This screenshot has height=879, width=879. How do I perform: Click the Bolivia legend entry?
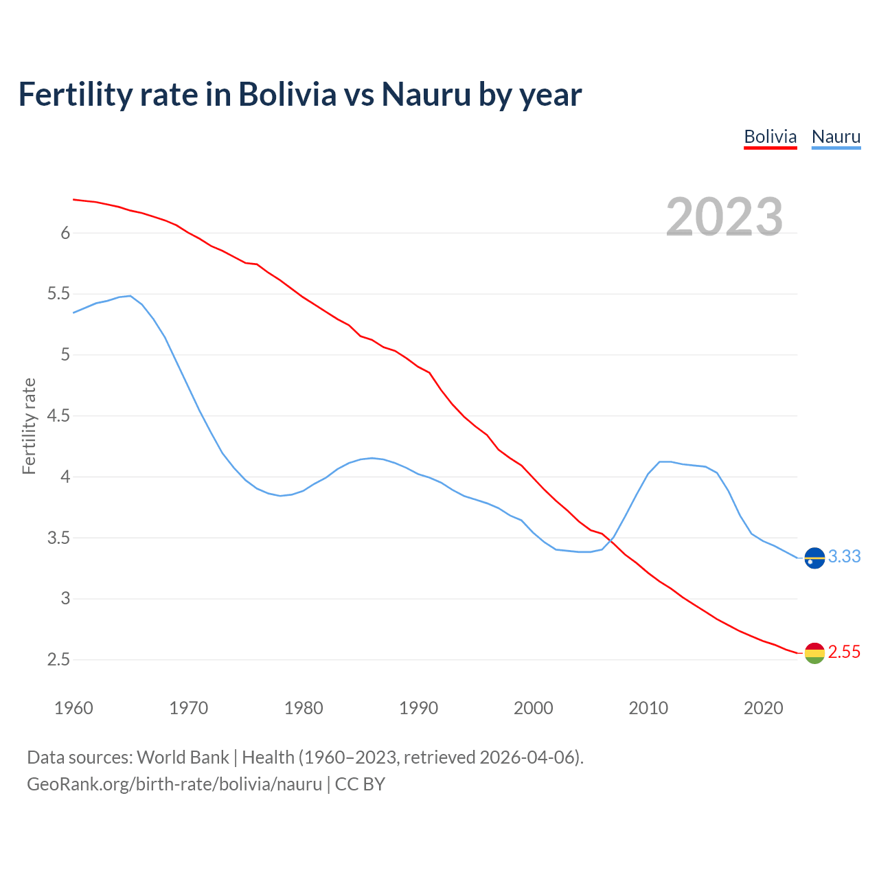[x=770, y=137]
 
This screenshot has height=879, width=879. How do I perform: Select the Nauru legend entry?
[x=836, y=137]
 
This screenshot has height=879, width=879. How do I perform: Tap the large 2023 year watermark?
[x=724, y=216]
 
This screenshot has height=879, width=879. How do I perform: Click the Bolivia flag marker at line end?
[x=814, y=652]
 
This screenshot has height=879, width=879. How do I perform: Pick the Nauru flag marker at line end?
[x=814, y=558]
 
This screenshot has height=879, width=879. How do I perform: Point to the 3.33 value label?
[x=844, y=556]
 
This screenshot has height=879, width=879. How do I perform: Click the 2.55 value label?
[x=844, y=652]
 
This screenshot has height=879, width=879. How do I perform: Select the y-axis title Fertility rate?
[x=29, y=426]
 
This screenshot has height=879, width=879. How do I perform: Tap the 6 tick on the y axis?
[x=65, y=233]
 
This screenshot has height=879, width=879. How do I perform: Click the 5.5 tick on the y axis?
[x=58, y=294]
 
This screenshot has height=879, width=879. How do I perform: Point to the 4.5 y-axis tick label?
[x=58, y=415]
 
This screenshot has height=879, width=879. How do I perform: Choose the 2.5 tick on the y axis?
[x=58, y=660]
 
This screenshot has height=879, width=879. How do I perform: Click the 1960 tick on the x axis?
[x=73, y=708]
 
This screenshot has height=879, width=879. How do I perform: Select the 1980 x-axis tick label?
[x=304, y=708]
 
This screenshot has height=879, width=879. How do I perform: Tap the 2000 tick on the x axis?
[x=533, y=708]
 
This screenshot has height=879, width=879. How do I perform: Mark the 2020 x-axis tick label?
[x=763, y=708]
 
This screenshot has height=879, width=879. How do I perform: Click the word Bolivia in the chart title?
[x=287, y=94]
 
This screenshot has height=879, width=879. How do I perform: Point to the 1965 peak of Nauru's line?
[x=130, y=296]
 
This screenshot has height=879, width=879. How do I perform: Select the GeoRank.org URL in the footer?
[x=174, y=784]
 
